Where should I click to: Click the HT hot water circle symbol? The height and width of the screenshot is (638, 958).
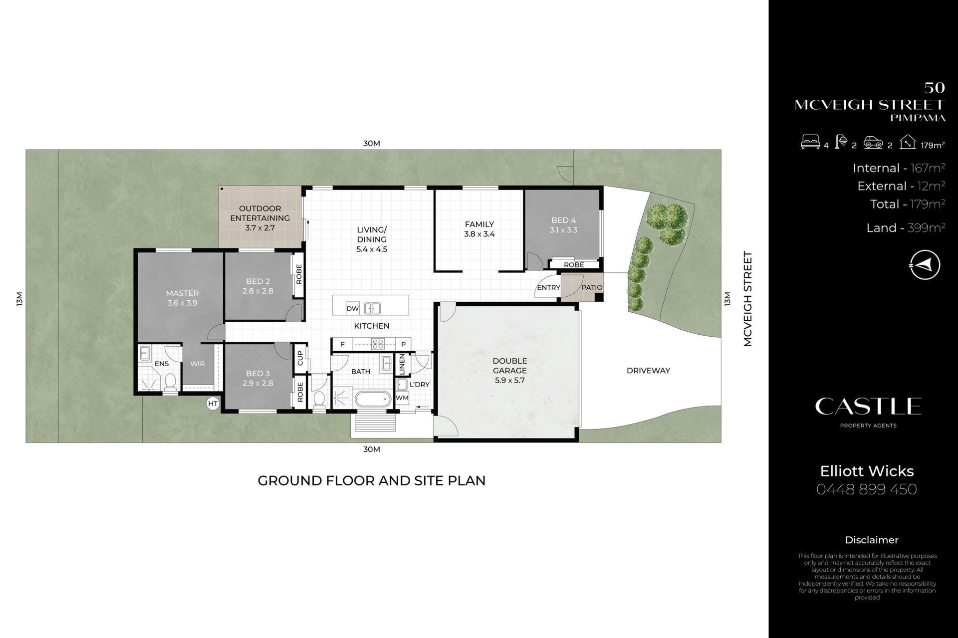213,404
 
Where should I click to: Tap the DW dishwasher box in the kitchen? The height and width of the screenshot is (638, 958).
353,308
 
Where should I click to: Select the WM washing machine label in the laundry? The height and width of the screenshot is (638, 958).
402,398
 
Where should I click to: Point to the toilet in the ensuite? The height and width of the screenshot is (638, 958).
170,382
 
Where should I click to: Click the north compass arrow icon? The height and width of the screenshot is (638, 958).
925,265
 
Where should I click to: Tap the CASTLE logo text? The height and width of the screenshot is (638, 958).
868,407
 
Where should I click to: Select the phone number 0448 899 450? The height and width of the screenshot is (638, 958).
867,489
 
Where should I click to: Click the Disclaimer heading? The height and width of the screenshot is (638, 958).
872,540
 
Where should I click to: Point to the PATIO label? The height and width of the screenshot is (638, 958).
592,288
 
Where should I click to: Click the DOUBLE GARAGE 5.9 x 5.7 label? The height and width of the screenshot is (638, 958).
509,370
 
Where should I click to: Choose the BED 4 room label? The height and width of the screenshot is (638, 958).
563,225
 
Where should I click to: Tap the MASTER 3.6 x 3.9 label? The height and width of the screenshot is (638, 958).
183,298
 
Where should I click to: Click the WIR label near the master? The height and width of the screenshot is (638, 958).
198,364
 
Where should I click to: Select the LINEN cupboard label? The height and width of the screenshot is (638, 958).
402,364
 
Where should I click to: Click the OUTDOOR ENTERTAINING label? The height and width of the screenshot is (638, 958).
260,218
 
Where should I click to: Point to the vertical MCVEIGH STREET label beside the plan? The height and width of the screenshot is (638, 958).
747,299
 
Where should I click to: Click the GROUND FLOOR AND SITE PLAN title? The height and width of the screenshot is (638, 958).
372,480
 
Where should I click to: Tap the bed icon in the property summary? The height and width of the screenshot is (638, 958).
810,143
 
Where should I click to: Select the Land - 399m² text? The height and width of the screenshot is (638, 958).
906,228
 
